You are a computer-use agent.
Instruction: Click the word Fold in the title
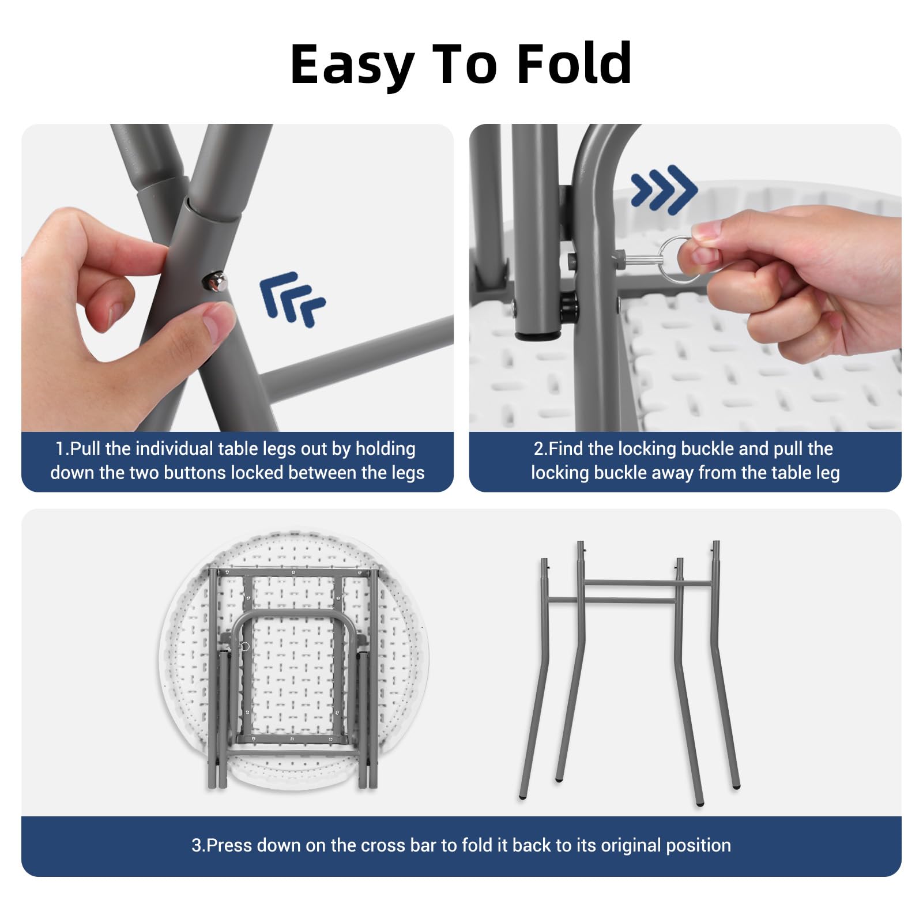point(574,63)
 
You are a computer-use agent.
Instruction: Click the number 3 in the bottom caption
point(197,845)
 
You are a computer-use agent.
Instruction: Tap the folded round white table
point(293,660)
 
